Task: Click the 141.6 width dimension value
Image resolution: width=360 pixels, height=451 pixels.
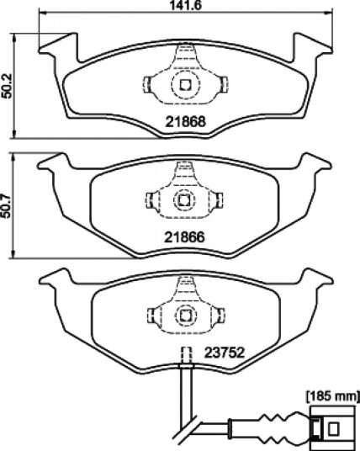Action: [x=185, y=5]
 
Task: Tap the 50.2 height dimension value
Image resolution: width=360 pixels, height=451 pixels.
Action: [x=7, y=86]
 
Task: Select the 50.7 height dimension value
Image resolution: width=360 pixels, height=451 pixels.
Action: [x=7, y=206]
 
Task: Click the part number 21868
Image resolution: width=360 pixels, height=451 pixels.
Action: [x=185, y=122]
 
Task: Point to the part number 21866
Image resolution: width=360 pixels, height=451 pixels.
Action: [x=184, y=237]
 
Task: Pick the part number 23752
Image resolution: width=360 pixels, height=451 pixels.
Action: [x=225, y=353]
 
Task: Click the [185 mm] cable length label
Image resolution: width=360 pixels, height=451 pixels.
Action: [x=333, y=397]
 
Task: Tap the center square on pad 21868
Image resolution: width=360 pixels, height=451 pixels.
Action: [x=185, y=84]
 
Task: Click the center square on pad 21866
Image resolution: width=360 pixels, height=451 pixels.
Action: [x=183, y=199]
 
